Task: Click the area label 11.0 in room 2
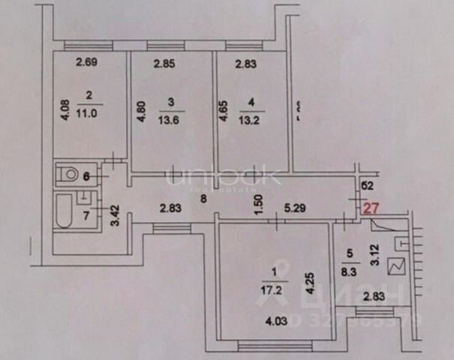pyautogui.click(x=89, y=109)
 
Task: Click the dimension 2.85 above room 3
pyautogui.click(x=164, y=64)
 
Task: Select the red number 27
pyautogui.click(x=371, y=209)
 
